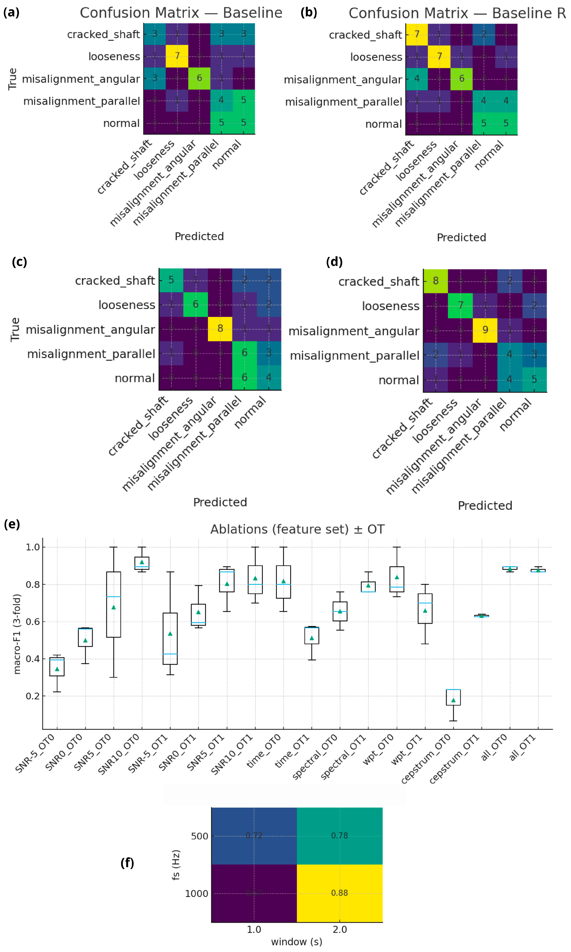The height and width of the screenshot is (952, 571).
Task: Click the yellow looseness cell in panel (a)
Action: coord(177,56)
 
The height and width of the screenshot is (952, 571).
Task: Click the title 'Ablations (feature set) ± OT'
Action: coord(297,529)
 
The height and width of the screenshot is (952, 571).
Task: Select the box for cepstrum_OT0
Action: coord(453,697)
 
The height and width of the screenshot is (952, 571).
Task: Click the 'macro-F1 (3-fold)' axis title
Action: coord(17,634)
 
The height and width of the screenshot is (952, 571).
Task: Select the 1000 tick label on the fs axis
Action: coord(196,893)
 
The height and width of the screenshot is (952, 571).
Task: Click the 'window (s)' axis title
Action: coord(297,942)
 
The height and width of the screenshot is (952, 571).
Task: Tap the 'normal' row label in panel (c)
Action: coord(135,378)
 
